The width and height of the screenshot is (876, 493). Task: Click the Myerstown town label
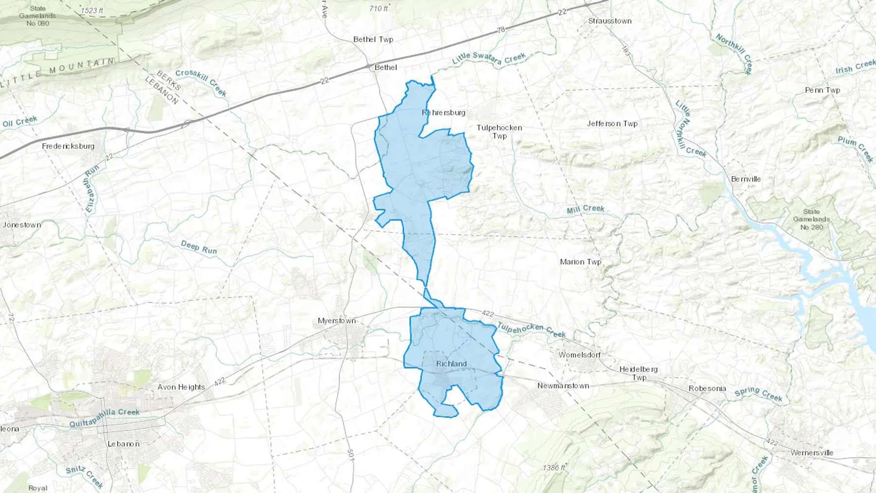click(x=337, y=321)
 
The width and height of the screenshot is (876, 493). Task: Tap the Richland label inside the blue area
click(x=451, y=364)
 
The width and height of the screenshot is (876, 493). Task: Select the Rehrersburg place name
click(x=443, y=112)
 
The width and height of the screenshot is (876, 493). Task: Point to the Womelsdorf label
click(x=579, y=355)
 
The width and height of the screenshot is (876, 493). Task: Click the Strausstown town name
click(x=609, y=21)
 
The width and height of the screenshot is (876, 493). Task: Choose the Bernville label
click(x=746, y=179)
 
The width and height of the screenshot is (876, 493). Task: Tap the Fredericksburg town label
click(x=68, y=146)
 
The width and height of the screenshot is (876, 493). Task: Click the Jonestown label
click(x=22, y=225)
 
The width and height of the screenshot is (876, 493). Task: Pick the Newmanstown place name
click(x=563, y=386)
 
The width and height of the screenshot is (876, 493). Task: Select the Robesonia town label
click(x=707, y=388)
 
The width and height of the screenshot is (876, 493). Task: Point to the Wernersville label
click(x=812, y=453)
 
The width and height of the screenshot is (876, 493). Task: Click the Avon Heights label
click(x=181, y=387)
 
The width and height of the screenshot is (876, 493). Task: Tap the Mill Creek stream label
click(x=585, y=209)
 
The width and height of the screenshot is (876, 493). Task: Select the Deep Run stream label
click(x=199, y=247)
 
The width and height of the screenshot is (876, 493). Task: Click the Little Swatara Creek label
click(x=489, y=59)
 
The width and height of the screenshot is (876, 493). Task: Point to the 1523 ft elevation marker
click(x=92, y=11)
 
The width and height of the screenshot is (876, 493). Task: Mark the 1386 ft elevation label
click(x=554, y=468)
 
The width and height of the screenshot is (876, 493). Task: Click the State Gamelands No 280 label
click(x=811, y=219)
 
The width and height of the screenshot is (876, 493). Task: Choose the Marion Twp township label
click(x=581, y=262)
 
